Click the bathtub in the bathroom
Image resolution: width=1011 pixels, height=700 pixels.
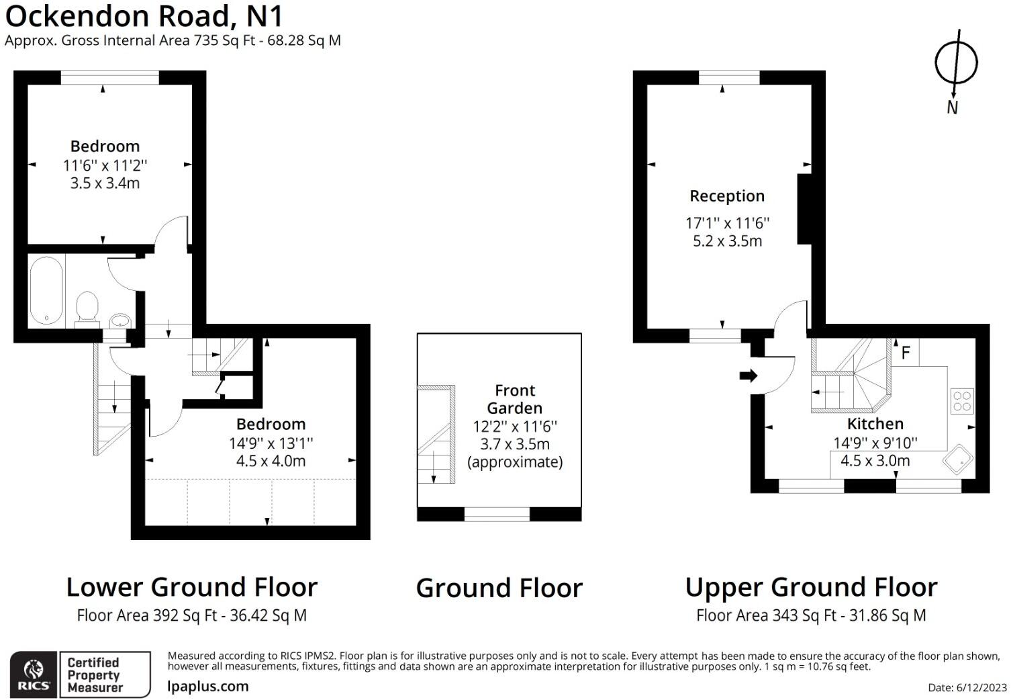click(46, 290)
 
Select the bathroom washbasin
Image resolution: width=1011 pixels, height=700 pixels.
click(119, 319)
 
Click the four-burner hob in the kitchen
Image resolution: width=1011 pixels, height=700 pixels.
click(961, 401)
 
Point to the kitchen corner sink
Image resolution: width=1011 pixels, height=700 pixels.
click(958, 460)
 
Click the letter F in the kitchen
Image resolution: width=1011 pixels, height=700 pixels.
click(905, 353)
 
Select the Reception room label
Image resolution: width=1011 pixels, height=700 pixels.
click(727, 196)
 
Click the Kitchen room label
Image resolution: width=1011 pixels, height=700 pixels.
click(875, 424)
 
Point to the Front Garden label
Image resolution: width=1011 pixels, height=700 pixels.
click(514, 399)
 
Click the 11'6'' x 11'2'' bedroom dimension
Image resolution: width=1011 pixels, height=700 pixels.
click(105, 165)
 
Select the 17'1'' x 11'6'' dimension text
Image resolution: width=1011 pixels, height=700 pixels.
click(727, 223)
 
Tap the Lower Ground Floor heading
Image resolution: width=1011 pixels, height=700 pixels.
click(191, 587)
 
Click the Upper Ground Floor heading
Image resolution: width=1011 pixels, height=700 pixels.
click(811, 587)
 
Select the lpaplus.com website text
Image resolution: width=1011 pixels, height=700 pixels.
click(207, 687)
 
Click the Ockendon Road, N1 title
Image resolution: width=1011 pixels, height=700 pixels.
click(144, 16)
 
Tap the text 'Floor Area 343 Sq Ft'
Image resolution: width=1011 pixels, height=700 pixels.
click(766, 615)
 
